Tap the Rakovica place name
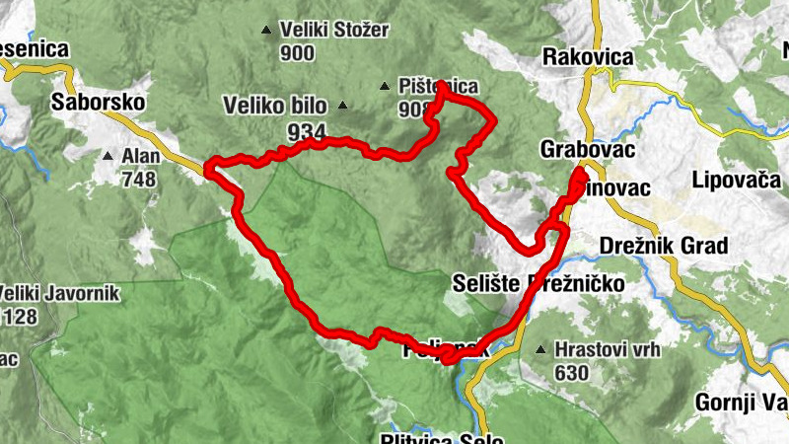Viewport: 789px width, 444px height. pos(588,57)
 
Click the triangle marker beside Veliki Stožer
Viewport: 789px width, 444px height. pos(265,32)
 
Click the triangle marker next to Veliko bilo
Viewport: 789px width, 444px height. pos(342,106)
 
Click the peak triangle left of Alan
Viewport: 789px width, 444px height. pos(108,156)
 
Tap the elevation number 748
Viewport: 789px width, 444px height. pos(139,180)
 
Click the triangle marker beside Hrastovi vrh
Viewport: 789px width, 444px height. pos(539,349)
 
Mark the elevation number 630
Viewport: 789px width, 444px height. pos(571,373)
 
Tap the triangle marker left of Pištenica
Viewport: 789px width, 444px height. pos(384,86)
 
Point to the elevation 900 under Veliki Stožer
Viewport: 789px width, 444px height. pos(297,53)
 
